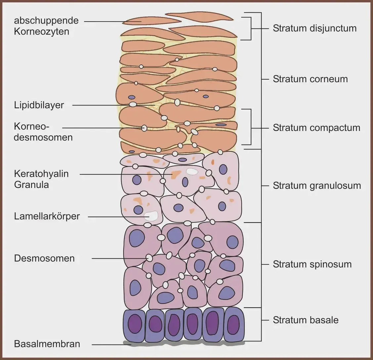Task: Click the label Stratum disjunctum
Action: [314, 28]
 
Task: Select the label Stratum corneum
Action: [310, 79]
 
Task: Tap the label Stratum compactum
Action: [316, 128]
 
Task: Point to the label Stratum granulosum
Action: [316, 186]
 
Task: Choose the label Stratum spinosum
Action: [312, 264]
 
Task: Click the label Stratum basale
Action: [306, 320]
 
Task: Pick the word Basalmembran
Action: [47, 344]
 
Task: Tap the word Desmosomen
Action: [44, 258]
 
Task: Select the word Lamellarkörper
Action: [47, 216]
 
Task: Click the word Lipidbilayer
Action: [39, 105]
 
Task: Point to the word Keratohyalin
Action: [41, 174]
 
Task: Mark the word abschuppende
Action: [46, 21]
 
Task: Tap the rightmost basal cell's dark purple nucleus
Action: [233, 323]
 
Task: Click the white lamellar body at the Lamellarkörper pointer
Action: [151, 216]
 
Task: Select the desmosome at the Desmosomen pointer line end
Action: [149, 257]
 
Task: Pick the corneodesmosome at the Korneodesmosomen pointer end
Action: [144, 128]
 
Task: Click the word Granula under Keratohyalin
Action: [31, 185]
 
